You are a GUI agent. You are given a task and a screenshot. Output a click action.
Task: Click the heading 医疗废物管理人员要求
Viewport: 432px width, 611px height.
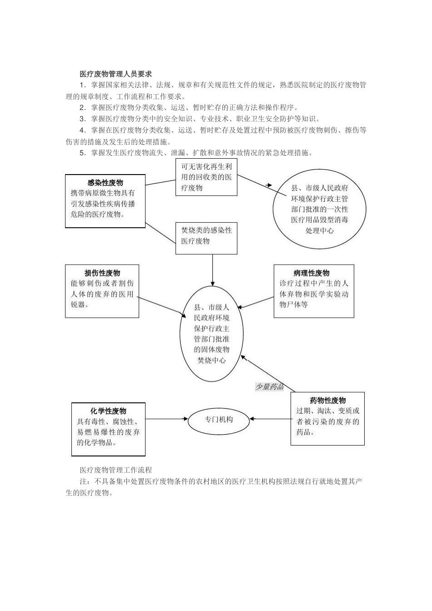click(x=116, y=74)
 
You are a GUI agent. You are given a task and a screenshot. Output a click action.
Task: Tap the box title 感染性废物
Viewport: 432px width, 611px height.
click(x=105, y=183)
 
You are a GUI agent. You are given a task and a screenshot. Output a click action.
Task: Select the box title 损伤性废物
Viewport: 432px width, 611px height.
click(x=102, y=273)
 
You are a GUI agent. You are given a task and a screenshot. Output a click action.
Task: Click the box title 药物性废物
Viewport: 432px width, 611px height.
click(x=328, y=401)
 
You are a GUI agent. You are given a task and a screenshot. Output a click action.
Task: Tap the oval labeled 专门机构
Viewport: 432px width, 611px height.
click(x=219, y=420)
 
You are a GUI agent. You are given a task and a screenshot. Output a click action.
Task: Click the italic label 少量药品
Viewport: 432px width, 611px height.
click(x=269, y=386)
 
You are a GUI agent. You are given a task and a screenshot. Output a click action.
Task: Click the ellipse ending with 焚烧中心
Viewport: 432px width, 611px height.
click(x=211, y=334)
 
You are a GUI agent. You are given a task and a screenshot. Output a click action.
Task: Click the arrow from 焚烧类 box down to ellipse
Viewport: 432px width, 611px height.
click(x=212, y=270)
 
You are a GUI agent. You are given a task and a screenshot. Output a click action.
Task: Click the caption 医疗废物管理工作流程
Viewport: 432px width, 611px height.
click(x=116, y=469)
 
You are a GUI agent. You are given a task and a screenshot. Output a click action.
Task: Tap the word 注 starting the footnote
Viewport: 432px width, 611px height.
click(x=83, y=481)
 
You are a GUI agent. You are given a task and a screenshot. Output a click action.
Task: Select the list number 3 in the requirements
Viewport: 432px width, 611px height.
click(x=82, y=119)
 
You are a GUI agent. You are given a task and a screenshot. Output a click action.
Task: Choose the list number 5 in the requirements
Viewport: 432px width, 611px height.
click(x=82, y=153)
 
